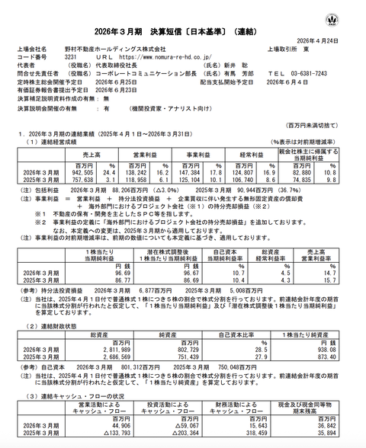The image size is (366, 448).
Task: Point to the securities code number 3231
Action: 69,56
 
